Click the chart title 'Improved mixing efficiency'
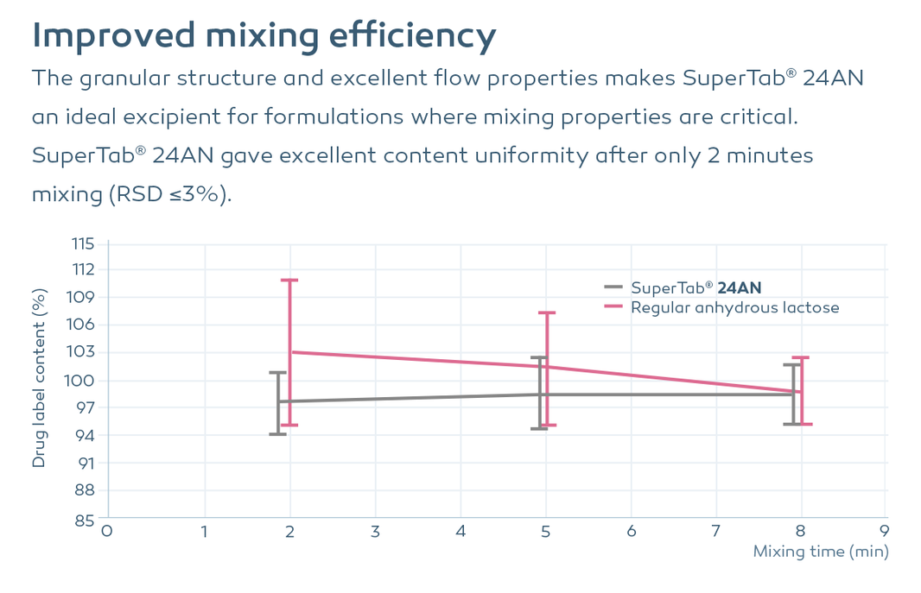(264, 35)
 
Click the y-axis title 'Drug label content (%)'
(39, 378)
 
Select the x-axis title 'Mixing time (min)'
(821, 552)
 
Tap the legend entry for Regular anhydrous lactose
(722, 307)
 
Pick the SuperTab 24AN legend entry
(683, 287)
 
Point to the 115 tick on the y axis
(83, 243)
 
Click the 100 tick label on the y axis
(79, 381)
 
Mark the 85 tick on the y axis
(84, 520)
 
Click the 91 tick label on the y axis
(85, 463)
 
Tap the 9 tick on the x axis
(885, 532)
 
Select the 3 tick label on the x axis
(375, 532)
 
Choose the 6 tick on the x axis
(632, 532)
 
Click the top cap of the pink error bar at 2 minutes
(289, 280)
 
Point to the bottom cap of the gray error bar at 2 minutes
(278, 434)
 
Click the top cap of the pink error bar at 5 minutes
(547, 312)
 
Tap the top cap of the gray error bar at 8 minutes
(792, 365)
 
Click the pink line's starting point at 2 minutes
(290, 352)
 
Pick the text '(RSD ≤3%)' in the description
(170, 194)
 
